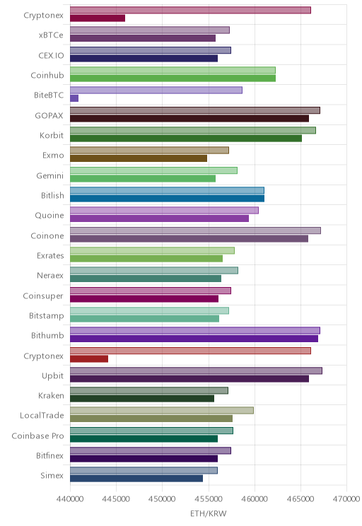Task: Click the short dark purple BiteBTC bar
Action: click(74, 98)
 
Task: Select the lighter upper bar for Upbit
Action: click(196, 370)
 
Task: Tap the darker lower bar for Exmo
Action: click(139, 158)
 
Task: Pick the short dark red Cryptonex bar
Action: click(89, 359)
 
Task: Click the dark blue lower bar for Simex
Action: click(136, 479)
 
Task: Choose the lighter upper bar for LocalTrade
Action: click(162, 411)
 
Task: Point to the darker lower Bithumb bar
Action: click(194, 339)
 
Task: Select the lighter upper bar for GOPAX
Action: click(195, 110)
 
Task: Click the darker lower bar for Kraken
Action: click(142, 399)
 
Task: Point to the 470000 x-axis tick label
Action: click(346, 499)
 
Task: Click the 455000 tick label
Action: click(209, 499)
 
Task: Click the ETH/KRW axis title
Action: click(209, 513)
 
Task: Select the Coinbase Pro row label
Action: click(37, 436)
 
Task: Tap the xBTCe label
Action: click(51, 35)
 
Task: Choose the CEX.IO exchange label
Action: click(51, 55)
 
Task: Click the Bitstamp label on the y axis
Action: click(46, 315)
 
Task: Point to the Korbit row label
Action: click(52, 135)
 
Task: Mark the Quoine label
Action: click(49, 216)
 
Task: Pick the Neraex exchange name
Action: click(50, 276)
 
